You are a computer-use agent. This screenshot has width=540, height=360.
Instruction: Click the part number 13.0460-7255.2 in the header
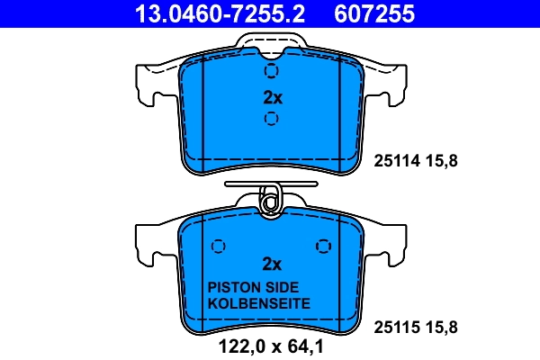[209, 13]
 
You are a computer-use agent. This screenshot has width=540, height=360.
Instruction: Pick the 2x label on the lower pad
[272, 264]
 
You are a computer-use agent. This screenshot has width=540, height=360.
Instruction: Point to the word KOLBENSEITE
[258, 303]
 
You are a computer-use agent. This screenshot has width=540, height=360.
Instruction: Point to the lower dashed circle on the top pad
[272, 118]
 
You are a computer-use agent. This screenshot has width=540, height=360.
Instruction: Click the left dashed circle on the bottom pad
[217, 247]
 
